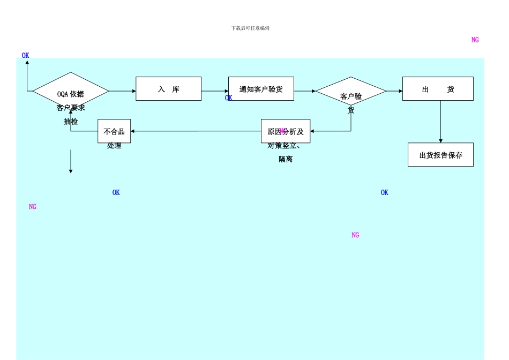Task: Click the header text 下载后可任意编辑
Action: coord(250,28)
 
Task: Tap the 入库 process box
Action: coord(168,89)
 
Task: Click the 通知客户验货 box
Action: coord(261,89)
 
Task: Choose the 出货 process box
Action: coord(438,89)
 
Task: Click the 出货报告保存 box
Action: coord(440,155)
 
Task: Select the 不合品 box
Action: coord(114,131)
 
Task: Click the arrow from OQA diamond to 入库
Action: coord(122,91)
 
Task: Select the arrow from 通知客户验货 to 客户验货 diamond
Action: coord(304,91)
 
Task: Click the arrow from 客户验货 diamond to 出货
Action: coord(394,91)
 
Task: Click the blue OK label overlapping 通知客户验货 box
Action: coord(228,98)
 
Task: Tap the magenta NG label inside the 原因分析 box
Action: coord(283,131)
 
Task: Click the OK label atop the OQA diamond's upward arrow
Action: coord(25,55)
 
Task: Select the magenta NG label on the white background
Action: coord(475,40)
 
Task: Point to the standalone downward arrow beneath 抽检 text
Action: coord(71,161)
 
